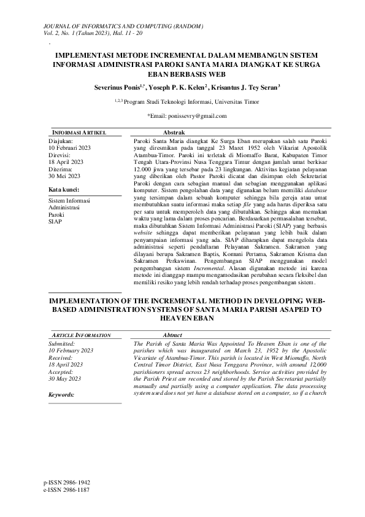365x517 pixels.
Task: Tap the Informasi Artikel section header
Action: tap(71, 132)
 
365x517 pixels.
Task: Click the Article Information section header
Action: tap(79, 335)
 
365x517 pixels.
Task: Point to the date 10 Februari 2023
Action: tap(69, 148)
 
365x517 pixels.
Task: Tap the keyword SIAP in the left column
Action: tap(55, 220)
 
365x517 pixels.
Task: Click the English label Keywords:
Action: tap(61, 394)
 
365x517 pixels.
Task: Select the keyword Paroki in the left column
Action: tap(56, 214)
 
